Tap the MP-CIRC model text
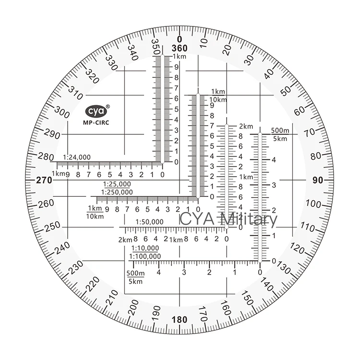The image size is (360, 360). [x=96, y=123]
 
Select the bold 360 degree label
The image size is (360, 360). [x=179, y=49]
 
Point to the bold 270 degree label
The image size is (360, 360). [x=44, y=180]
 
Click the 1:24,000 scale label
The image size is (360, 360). [x=76, y=157]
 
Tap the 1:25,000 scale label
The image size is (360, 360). [x=117, y=184]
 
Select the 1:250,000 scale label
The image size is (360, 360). [x=117, y=192]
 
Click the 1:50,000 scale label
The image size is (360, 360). [x=149, y=221]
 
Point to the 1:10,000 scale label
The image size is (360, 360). [x=144, y=248]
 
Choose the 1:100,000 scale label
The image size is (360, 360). [x=145, y=256]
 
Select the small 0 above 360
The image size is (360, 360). [x=179, y=39]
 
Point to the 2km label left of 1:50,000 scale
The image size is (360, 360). [x=124, y=240]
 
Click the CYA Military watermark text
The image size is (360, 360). [x=228, y=220]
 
